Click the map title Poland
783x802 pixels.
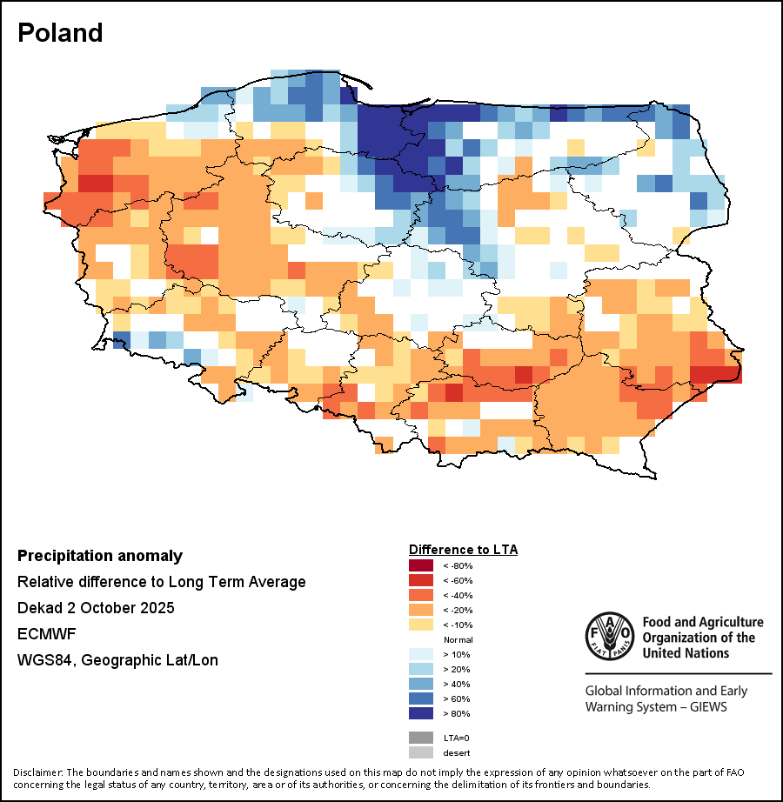click(60, 33)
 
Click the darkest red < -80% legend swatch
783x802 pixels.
click(421, 565)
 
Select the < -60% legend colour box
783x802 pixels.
click(421, 580)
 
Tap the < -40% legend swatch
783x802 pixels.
click(421, 595)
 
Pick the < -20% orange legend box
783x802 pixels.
click(421, 610)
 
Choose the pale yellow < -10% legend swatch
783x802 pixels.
click(421, 625)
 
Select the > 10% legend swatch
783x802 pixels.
click(421, 654)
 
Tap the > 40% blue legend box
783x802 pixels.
click(421, 684)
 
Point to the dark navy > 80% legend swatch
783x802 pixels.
click(421, 713)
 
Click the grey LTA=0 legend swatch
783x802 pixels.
click(421, 738)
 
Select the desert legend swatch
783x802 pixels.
click(421, 752)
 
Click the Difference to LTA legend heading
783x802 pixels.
click(463, 550)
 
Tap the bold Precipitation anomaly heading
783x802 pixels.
click(100, 556)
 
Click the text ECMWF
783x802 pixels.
click(43, 634)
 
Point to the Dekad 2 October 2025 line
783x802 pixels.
click(96, 608)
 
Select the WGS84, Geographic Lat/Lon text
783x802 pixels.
click(117, 660)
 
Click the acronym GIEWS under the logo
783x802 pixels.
click(703, 706)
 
